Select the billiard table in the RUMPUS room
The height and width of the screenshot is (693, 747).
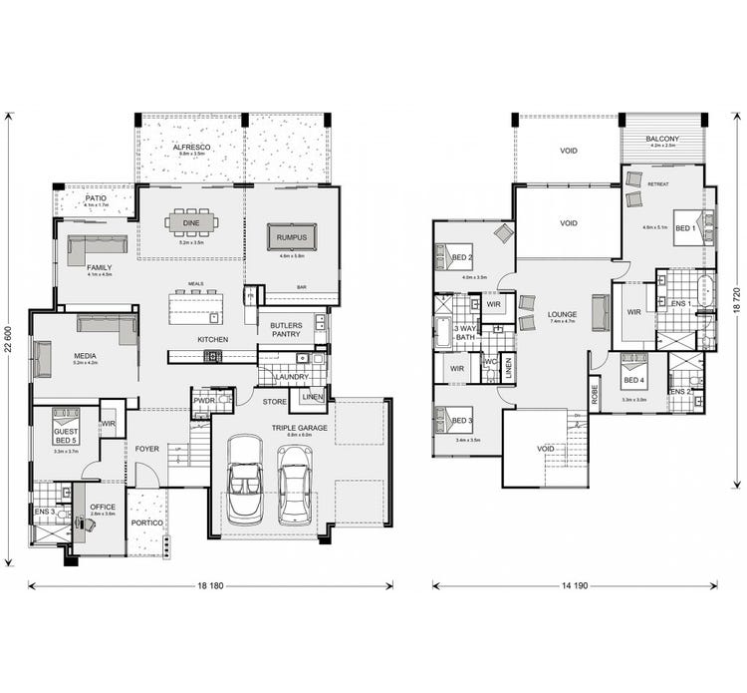point(292,236)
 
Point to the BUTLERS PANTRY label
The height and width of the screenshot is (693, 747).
point(286,331)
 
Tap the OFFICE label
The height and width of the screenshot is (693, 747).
point(102,508)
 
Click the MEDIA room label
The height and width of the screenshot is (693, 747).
point(84,355)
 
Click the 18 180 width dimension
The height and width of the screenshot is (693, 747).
point(208,586)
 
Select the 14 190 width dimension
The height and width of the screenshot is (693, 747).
point(574,586)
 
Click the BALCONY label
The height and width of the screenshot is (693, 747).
point(662,139)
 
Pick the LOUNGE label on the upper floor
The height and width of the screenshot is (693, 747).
point(562,315)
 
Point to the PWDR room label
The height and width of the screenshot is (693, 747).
point(204,401)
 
